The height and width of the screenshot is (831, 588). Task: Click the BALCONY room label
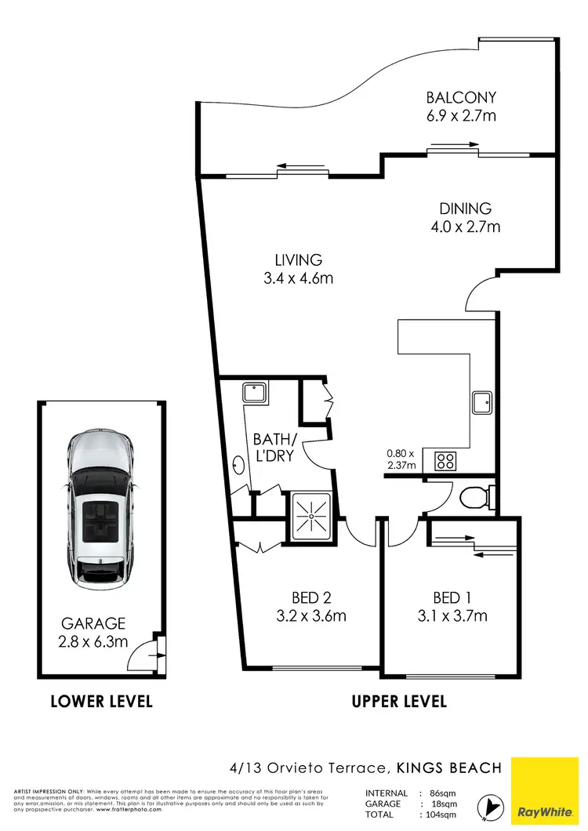(461, 98)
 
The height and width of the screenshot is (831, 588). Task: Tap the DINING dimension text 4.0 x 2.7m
(465, 227)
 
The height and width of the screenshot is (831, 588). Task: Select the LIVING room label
(298, 259)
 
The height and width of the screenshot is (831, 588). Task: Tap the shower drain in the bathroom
(311, 517)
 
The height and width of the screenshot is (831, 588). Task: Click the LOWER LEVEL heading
(101, 701)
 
